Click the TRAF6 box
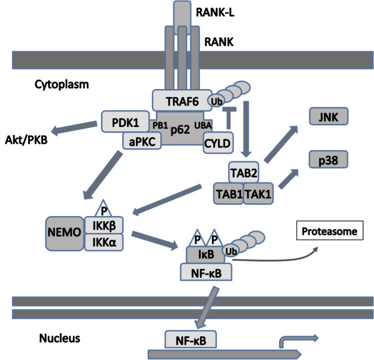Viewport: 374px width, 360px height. [182, 100]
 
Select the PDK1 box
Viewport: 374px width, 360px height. [125, 121]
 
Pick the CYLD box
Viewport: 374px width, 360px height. [218, 143]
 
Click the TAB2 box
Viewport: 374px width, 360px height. [244, 173]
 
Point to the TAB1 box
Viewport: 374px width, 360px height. [228, 194]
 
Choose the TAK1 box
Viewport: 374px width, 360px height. [258, 194]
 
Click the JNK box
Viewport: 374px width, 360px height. [328, 116]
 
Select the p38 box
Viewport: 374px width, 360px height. [328, 159]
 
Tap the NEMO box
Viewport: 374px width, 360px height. [65, 234]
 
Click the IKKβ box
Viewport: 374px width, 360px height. [104, 225]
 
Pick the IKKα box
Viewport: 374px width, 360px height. [104, 242]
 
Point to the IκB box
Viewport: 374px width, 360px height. [205, 255]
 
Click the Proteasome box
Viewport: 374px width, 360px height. [330, 230]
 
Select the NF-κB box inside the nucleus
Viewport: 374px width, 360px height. [191, 339]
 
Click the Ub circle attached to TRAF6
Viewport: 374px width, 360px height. [216, 100]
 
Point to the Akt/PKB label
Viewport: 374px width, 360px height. [26, 140]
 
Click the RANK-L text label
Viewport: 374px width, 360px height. [215, 12]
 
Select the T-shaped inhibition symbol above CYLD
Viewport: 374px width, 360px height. [229, 118]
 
